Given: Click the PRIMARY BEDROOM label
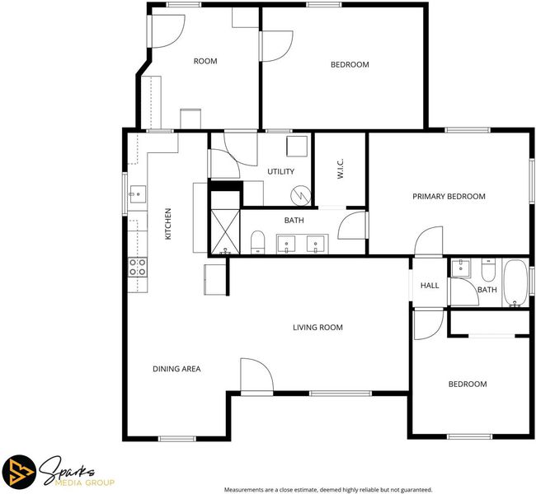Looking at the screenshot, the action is coord(449,196).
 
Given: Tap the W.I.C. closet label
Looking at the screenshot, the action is coord(340,169).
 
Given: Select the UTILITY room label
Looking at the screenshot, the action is coord(280,171).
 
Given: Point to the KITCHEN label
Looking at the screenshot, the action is coord(168,224).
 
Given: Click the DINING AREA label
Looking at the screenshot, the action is coord(176,369).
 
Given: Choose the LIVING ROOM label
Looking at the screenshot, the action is coord(317,328).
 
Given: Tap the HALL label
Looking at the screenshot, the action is coord(430,286).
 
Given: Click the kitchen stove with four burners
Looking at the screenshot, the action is coord(138,267).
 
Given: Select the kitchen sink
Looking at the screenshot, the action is coord(138,194).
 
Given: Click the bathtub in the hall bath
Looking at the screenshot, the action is coord(515,283).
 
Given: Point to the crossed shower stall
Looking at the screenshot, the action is coord(225,232).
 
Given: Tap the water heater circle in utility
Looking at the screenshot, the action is coord(300,195).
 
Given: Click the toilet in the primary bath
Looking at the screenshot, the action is coord(258,242).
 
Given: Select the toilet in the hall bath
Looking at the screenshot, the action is coord(488,269).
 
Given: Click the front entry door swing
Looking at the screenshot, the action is coord(256,375).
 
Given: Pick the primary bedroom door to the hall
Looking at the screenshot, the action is coord(429,241).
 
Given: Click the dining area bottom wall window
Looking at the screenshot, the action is coord(176,438).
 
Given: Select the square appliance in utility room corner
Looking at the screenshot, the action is coord(297,146).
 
